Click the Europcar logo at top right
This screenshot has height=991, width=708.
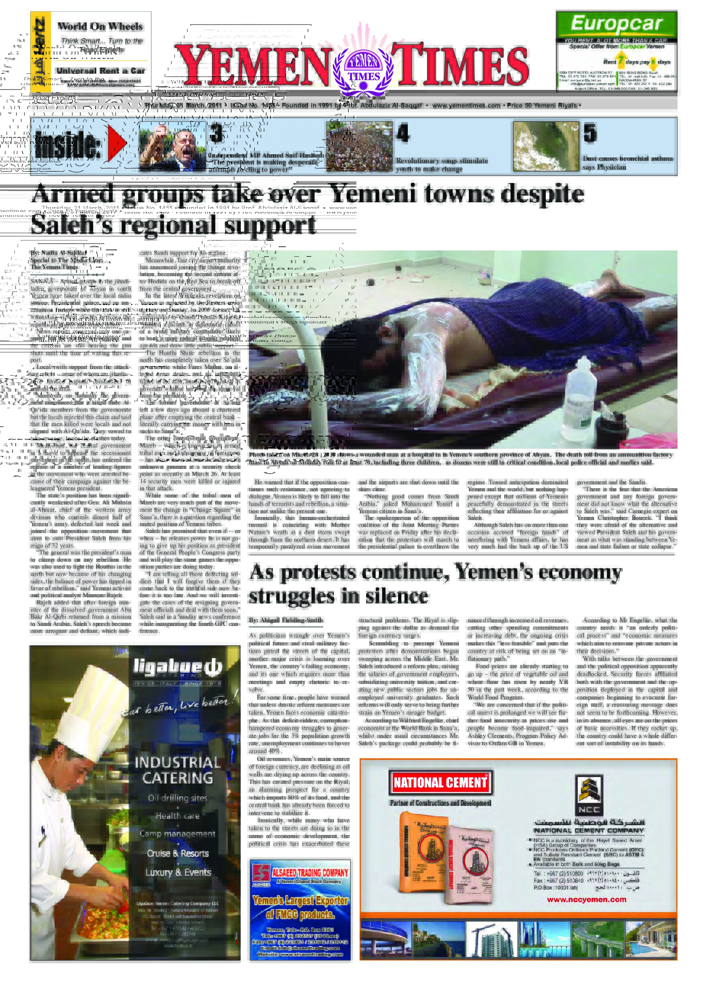(616, 24)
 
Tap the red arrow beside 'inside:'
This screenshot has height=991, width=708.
(116, 143)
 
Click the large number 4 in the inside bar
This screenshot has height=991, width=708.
(403, 133)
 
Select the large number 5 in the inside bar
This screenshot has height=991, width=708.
(590, 133)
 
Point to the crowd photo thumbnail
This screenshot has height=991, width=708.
(359, 146)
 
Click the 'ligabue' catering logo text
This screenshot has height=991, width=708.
(177, 667)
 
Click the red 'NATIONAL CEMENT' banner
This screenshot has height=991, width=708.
(439, 783)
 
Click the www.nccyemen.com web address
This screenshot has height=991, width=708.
(586, 899)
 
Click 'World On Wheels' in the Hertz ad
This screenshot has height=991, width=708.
(100, 26)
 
